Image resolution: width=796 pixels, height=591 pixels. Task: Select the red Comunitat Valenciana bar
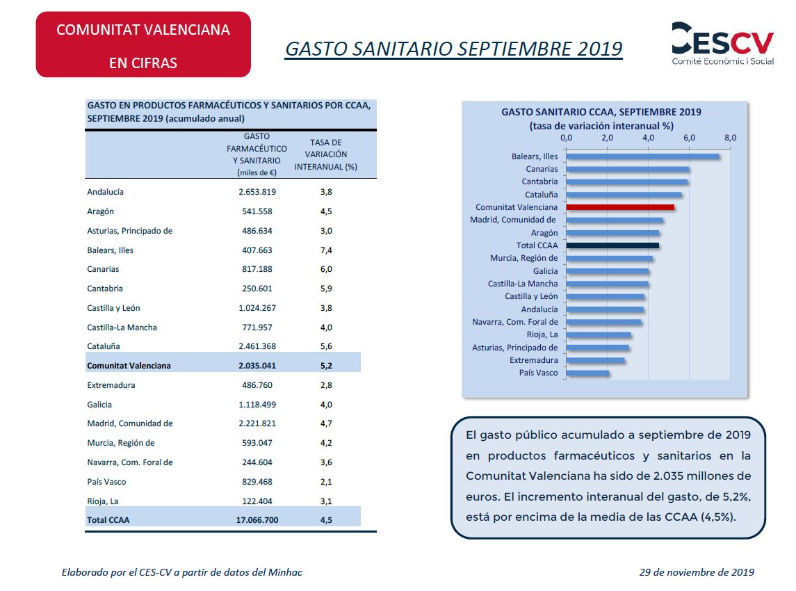[x=620, y=207]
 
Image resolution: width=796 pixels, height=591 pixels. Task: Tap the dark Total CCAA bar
[x=612, y=245]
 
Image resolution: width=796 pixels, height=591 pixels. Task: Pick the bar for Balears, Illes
[x=642, y=156]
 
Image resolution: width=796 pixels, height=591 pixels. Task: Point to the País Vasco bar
[x=587, y=373]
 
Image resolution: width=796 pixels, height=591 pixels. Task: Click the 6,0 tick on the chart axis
[x=689, y=138]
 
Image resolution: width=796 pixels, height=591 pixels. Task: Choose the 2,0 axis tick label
[x=607, y=138]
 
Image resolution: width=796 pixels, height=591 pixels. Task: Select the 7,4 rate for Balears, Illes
[x=325, y=250]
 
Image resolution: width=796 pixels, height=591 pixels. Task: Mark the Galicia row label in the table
[x=99, y=405]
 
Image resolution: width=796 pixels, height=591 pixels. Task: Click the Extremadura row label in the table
[x=111, y=385]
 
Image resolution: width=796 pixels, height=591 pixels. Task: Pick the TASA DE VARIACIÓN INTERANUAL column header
[x=325, y=154]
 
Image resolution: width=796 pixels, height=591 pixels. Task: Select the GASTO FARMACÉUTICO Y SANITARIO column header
[x=257, y=154]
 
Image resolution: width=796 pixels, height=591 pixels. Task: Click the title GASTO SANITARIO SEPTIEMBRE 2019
[x=454, y=49]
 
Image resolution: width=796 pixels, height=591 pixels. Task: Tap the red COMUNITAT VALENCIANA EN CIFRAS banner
[x=143, y=45]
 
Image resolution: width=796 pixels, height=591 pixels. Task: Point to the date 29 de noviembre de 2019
[x=697, y=572]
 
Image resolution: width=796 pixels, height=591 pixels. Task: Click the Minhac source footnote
[x=182, y=572]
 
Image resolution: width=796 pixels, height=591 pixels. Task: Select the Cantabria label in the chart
[x=539, y=181]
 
